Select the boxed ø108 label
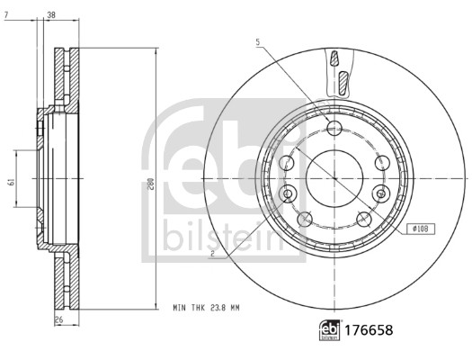coord(421,229)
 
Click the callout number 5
coord(257,42)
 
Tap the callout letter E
coord(211,256)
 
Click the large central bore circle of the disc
coord(334,175)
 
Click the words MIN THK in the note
coord(189,307)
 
